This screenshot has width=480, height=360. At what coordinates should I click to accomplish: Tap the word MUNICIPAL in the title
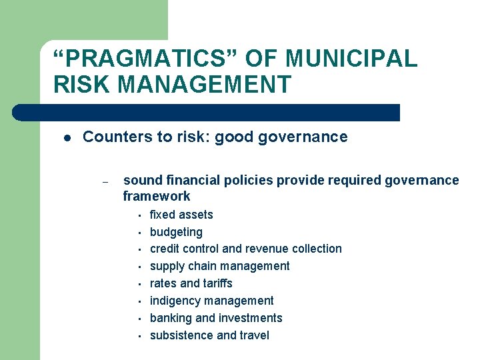(351, 59)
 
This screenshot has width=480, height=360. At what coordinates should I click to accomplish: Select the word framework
(157, 196)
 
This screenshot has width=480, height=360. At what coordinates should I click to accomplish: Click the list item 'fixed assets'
(181, 215)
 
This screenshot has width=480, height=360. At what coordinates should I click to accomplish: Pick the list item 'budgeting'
(176, 232)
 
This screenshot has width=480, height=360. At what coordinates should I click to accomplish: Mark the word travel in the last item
(253, 335)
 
